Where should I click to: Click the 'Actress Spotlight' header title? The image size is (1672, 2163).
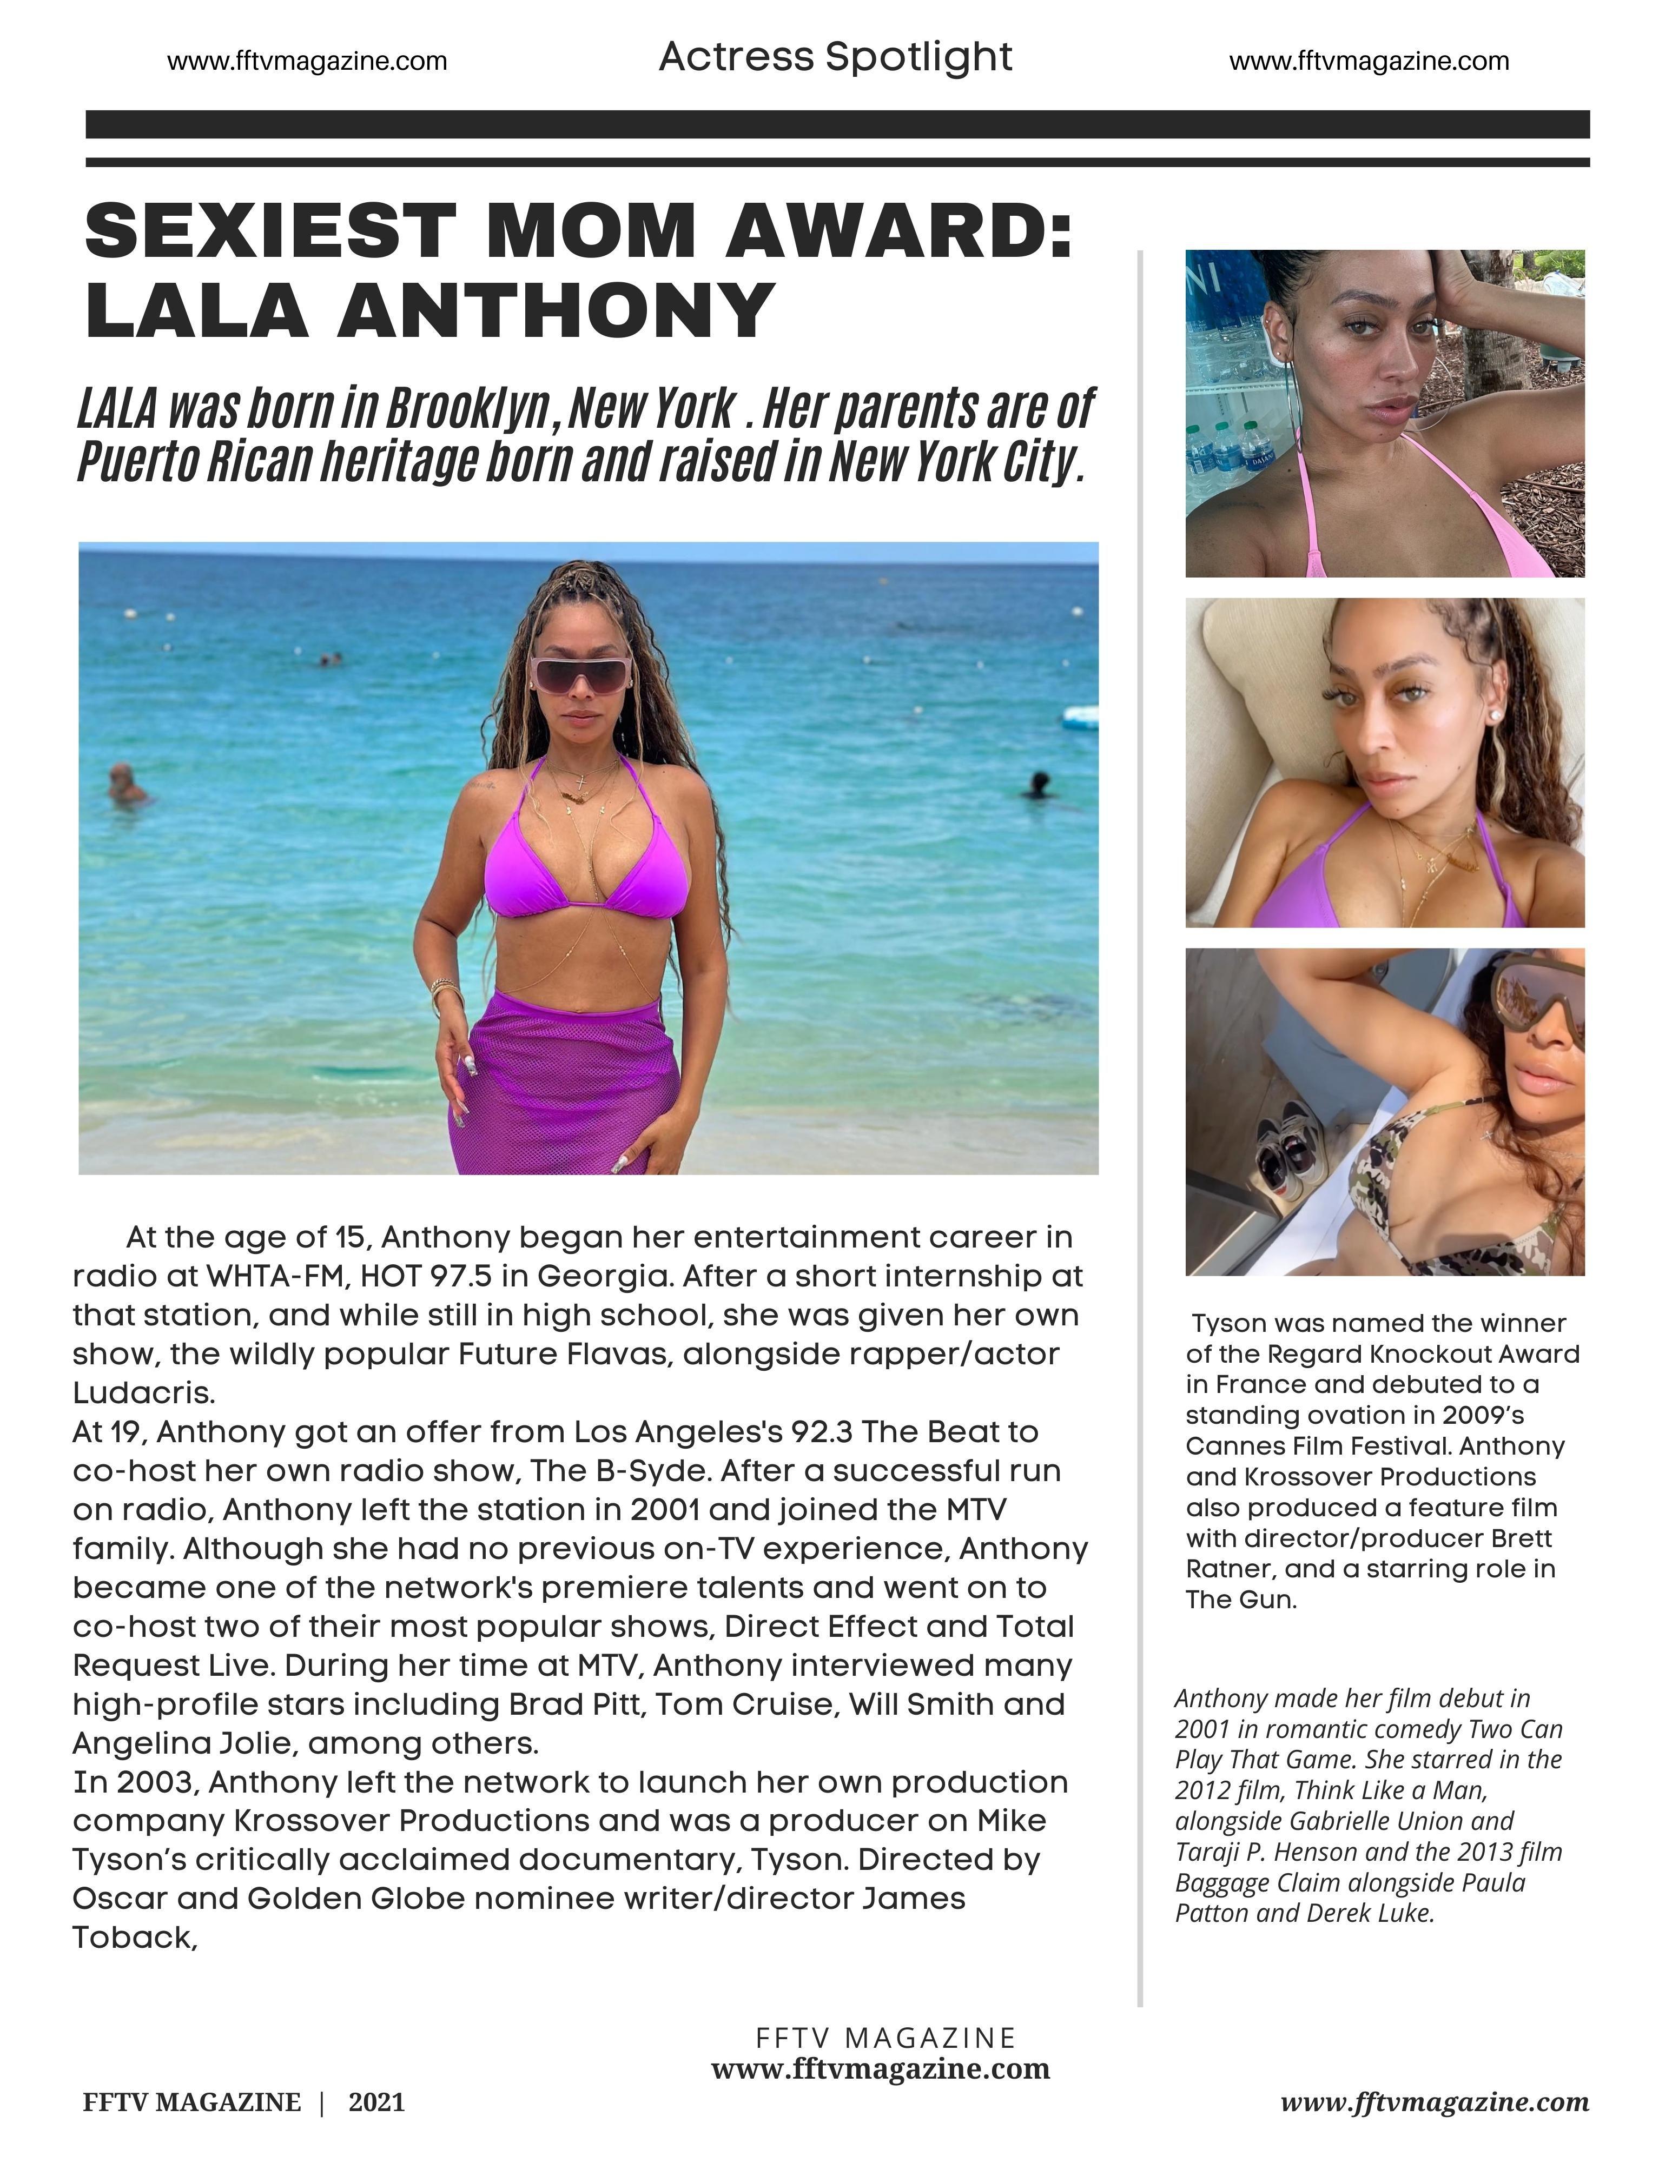[x=835, y=57]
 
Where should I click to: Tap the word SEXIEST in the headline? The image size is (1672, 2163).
[x=270, y=231]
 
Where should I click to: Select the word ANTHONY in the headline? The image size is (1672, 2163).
[x=556, y=310]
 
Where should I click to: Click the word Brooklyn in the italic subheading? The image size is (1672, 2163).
[x=466, y=407]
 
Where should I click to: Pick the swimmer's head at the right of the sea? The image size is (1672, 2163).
[x=1037, y=781]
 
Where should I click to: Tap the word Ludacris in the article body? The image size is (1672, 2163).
[x=143, y=1392]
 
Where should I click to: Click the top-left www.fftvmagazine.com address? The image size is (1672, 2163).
[x=307, y=62]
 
